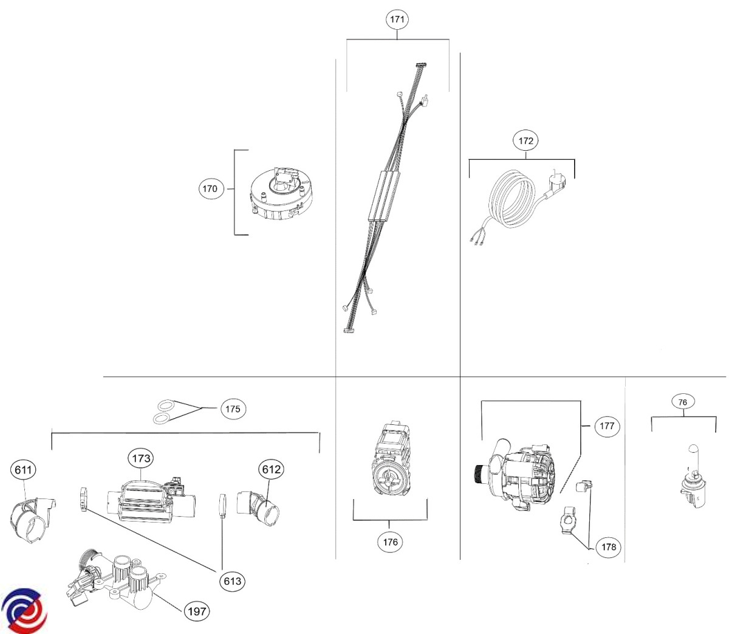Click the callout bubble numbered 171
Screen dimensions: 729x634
(x=397, y=19)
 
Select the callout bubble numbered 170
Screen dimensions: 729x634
(x=210, y=188)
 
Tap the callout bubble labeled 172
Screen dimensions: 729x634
(x=526, y=141)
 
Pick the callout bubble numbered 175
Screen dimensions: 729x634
(x=233, y=408)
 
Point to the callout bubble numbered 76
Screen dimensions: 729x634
(x=682, y=402)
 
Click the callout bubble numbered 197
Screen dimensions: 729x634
(x=197, y=612)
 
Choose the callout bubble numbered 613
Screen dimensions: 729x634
(x=232, y=581)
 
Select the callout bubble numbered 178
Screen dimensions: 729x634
(x=609, y=546)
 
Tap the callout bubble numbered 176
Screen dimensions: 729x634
(x=390, y=542)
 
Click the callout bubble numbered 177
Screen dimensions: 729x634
(x=607, y=426)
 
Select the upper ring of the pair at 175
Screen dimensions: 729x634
(x=166, y=406)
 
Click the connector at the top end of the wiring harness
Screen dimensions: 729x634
(x=421, y=65)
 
